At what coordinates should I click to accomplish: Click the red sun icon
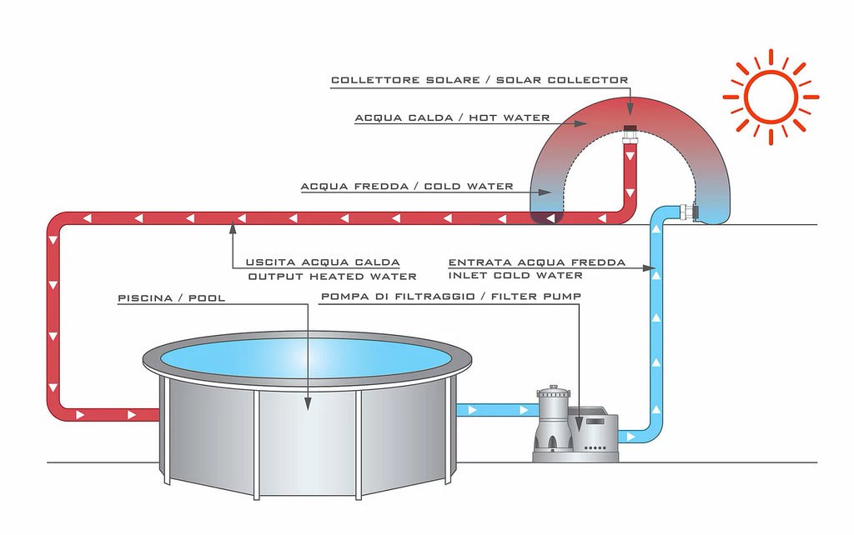pos(770,97)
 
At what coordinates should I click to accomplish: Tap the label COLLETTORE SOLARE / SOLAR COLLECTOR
pos(480,80)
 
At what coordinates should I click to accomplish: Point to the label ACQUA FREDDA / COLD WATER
pos(407,186)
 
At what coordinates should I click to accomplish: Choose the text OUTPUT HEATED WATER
pos(332,276)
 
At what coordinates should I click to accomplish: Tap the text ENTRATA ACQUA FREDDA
pos(536,262)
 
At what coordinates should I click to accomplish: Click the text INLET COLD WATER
pos(515,275)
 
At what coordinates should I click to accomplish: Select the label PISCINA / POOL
pos(172,297)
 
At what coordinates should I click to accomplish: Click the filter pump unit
pos(575,425)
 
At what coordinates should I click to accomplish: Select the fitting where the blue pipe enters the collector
pos(689,212)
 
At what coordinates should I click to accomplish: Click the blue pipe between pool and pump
pos(496,410)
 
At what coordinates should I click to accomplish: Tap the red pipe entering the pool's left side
pos(108,413)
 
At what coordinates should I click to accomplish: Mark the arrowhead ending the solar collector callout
pos(630,111)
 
